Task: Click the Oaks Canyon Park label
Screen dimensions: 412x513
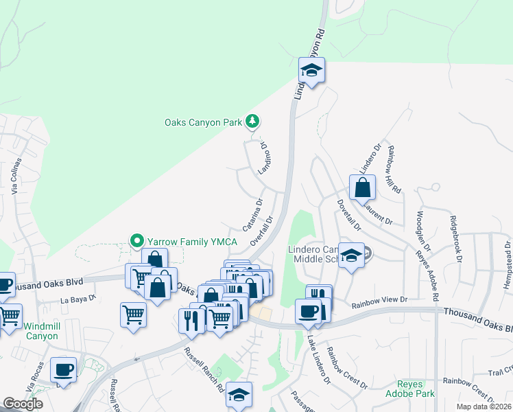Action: (204, 122)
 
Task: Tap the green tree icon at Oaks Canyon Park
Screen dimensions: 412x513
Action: (253, 122)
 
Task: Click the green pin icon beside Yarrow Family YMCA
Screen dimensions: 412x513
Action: (136, 240)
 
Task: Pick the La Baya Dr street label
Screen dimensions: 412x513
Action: (77, 299)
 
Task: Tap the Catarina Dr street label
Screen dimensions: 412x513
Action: (252, 214)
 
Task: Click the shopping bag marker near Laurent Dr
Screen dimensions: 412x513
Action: (362, 187)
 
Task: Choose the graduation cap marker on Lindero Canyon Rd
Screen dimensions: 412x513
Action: (311, 70)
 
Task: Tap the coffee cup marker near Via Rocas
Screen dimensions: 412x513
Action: (64, 369)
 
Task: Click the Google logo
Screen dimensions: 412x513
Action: (23, 403)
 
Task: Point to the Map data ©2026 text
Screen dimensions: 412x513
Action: (483, 406)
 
